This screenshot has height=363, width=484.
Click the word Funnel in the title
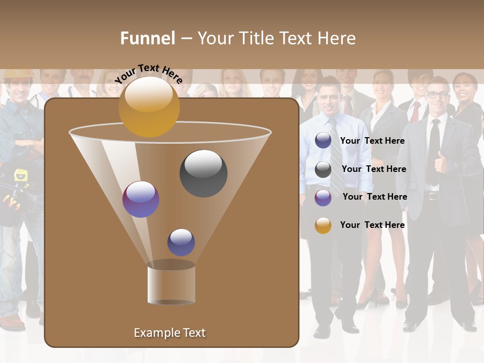(x=148, y=38)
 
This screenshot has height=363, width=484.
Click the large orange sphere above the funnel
(x=149, y=107)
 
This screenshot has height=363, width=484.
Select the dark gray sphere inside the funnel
(x=203, y=173)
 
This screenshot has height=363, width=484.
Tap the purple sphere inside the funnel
(x=141, y=199)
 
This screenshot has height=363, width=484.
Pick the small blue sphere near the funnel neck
(x=181, y=243)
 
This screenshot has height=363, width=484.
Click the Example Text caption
(x=169, y=333)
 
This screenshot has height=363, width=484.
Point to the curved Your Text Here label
(x=149, y=73)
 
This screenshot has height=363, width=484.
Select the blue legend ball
(x=323, y=141)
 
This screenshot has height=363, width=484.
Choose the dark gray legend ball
(x=323, y=169)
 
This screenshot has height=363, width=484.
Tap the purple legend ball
(x=323, y=198)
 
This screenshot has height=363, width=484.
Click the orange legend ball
(x=323, y=225)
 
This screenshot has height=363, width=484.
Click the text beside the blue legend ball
(x=372, y=141)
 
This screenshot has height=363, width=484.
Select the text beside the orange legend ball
(x=372, y=225)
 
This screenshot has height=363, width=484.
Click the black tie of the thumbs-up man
(x=434, y=151)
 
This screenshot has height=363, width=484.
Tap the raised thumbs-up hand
(x=441, y=163)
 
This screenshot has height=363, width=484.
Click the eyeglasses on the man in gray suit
(x=437, y=95)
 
